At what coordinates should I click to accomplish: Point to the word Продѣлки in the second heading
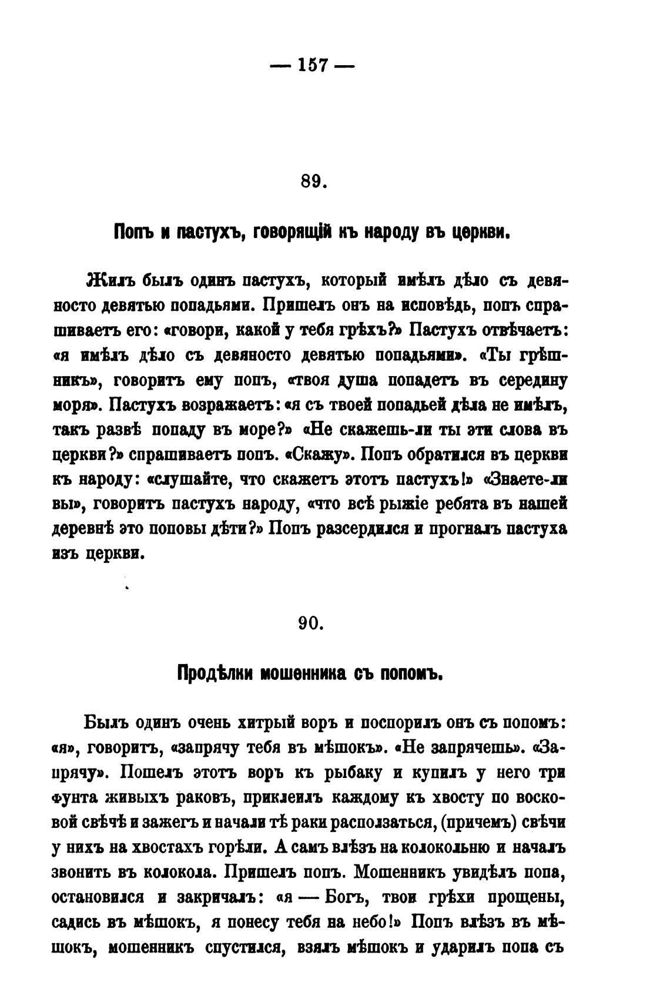pyautogui.click(x=214, y=673)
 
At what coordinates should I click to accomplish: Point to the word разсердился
pyautogui.click(x=360, y=529)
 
